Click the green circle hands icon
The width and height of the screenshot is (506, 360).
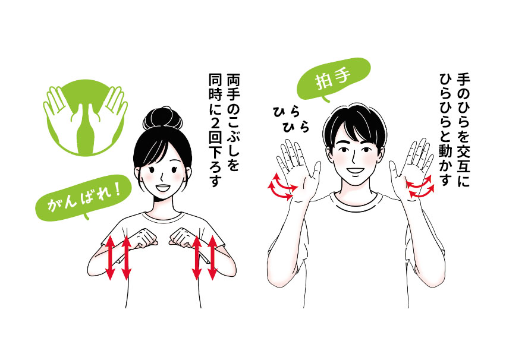click(x=85, y=116)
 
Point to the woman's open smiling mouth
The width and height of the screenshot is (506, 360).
click(x=162, y=188)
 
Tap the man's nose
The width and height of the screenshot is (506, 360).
click(x=354, y=157)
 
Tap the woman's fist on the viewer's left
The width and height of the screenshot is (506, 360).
click(x=146, y=238)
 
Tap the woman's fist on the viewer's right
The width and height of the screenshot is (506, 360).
click(x=183, y=238)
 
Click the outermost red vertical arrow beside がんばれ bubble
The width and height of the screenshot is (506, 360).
click(x=110, y=257)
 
